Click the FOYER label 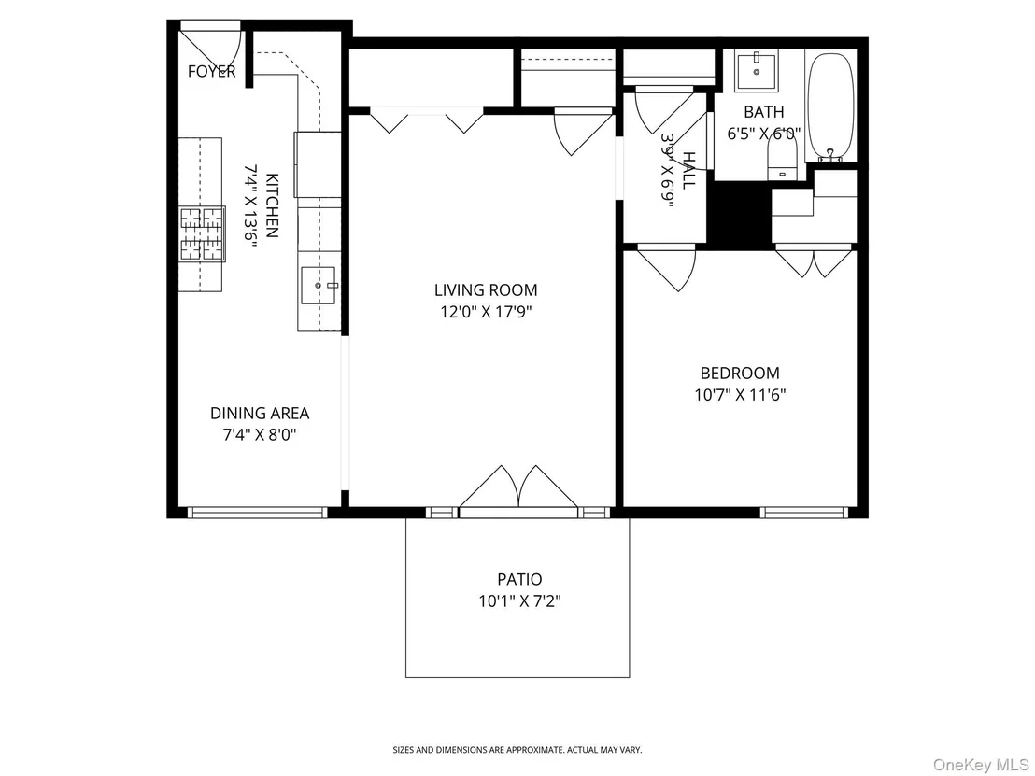pos(211,71)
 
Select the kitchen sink pos(319,285)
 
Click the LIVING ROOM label pos(486,289)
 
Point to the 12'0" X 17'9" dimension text pos(487,312)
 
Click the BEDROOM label pos(739,373)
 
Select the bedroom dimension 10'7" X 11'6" pos(739,395)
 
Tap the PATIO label pos(519,579)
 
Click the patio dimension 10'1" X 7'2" pos(520,601)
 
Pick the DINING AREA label pos(260,413)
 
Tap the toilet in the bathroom pos(783,161)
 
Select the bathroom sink pos(757,71)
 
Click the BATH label pos(764,111)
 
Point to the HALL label pos(688,170)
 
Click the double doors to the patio pos(519,487)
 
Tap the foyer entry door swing pos(211,44)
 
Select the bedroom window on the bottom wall pos(802,512)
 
